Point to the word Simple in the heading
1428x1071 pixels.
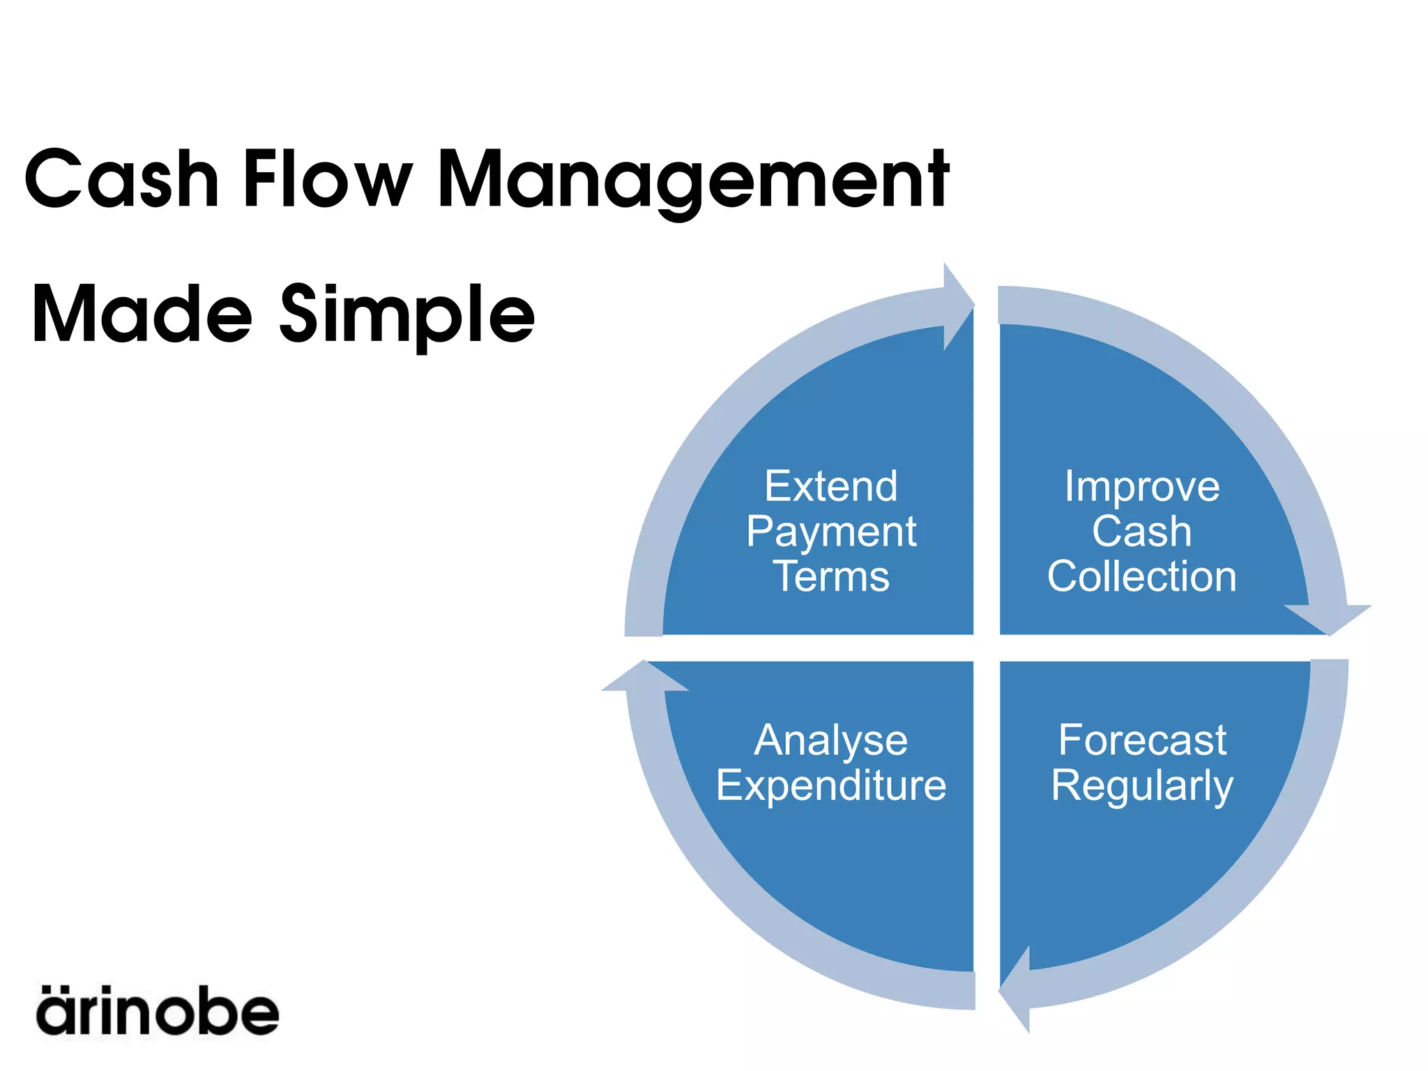pyautogui.click(x=407, y=317)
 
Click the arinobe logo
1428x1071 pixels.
pyautogui.click(x=158, y=1010)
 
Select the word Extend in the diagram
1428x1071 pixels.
pyautogui.click(x=831, y=486)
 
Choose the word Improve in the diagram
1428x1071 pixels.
pyautogui.click(x=1142, y=487)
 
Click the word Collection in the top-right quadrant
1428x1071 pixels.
pyautogui.click(x=1142, y=577)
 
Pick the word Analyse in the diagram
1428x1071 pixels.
pyautogui.click(x=831, y=741)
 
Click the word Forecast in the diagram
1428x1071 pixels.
pyautogui.click(x=1142, y=740)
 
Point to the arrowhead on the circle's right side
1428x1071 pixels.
pyautogui.click(x=1329, y=618)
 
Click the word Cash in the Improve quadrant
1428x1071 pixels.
pyautogui.click(x=1142, y=532)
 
